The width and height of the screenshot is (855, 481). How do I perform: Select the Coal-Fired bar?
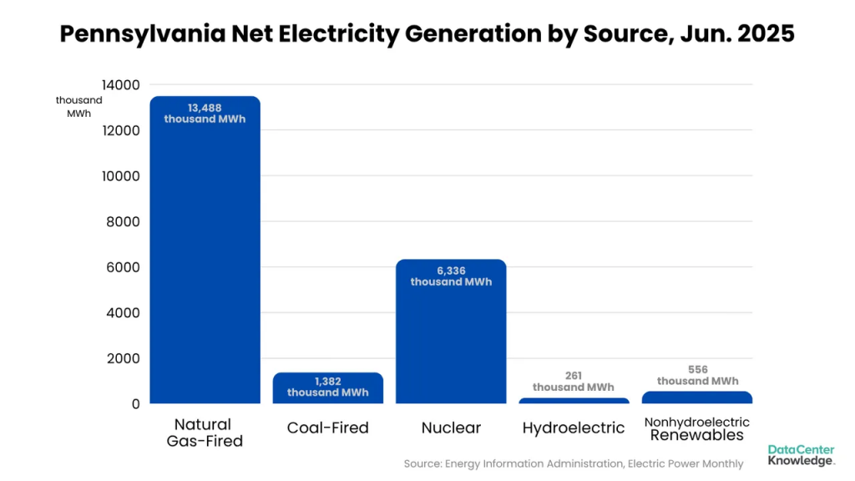tap(327, 389)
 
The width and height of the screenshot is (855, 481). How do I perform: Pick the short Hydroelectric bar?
tap(574, 401)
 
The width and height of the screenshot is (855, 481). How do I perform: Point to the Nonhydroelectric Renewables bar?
tap(697, 397)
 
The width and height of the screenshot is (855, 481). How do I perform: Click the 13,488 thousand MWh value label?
tap(205, 113)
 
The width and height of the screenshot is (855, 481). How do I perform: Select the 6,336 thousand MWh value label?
tap(451, 276)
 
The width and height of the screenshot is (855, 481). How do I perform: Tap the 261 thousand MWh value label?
tap(574, 382)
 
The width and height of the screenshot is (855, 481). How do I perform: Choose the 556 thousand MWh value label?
tap(697, 375)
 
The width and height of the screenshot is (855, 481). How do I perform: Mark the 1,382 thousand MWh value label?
tap(327, 387)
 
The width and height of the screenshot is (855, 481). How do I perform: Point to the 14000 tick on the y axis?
tap(121, 85)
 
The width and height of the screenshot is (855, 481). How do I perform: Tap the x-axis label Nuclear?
tap(451, 428)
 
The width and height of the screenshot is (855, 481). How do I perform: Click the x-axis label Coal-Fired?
tap(327, 428)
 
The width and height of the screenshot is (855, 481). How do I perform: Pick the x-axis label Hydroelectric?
tap(574, 428)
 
